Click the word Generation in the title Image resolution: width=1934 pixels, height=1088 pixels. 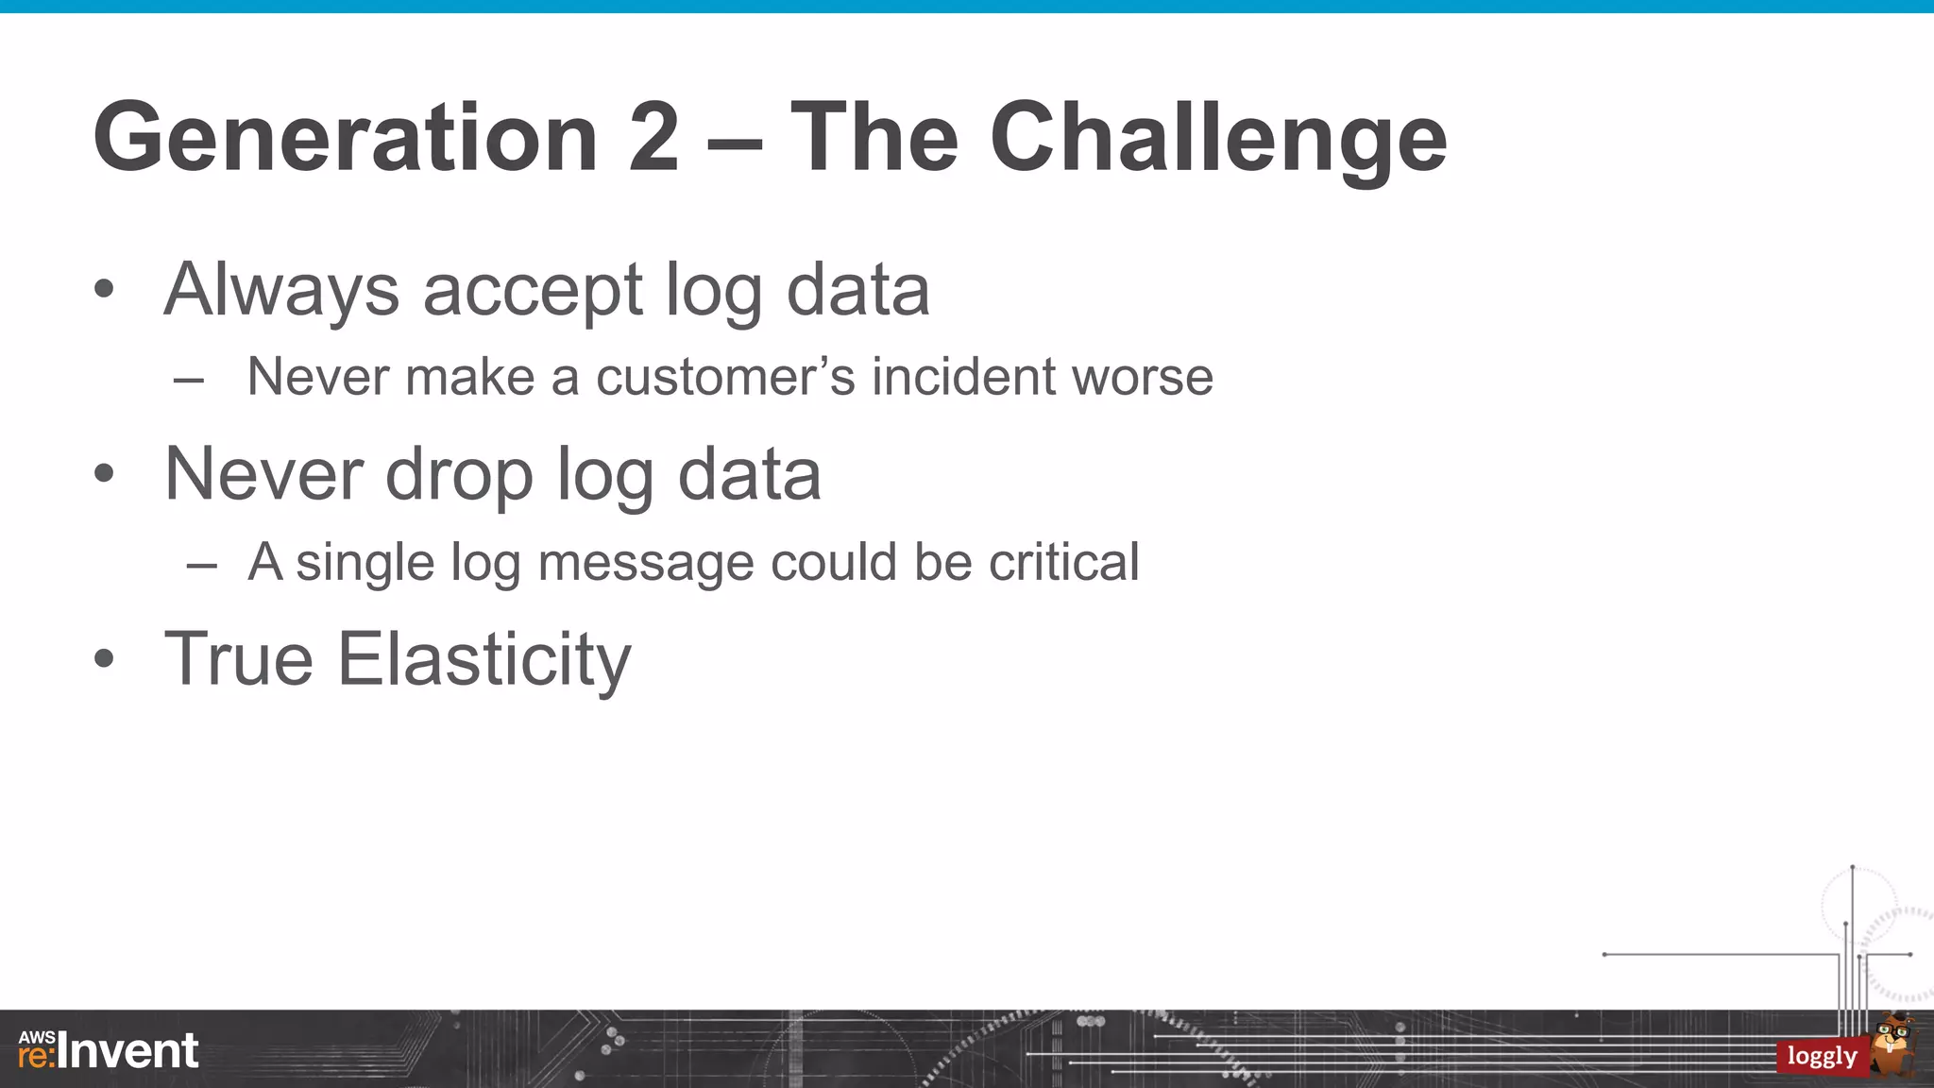[346, 138]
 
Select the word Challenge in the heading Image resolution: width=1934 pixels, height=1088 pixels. [1218, 140]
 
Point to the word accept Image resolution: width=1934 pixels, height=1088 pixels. [533, 291]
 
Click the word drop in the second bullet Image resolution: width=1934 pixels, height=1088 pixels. [459, 475]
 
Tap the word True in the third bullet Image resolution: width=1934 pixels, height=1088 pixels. [238, 658]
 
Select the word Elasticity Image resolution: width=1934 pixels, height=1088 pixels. [483, 660]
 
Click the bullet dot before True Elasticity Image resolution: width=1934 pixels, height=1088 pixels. [104, 658]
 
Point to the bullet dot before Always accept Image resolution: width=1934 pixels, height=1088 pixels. [104, 289]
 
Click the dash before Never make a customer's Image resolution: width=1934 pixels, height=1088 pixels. [189, 381]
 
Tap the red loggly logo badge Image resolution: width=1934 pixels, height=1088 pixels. [1821, 1056]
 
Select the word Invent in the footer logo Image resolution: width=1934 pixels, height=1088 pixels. [128, 1051]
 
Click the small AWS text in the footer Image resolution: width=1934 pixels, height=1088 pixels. [36, 1037]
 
